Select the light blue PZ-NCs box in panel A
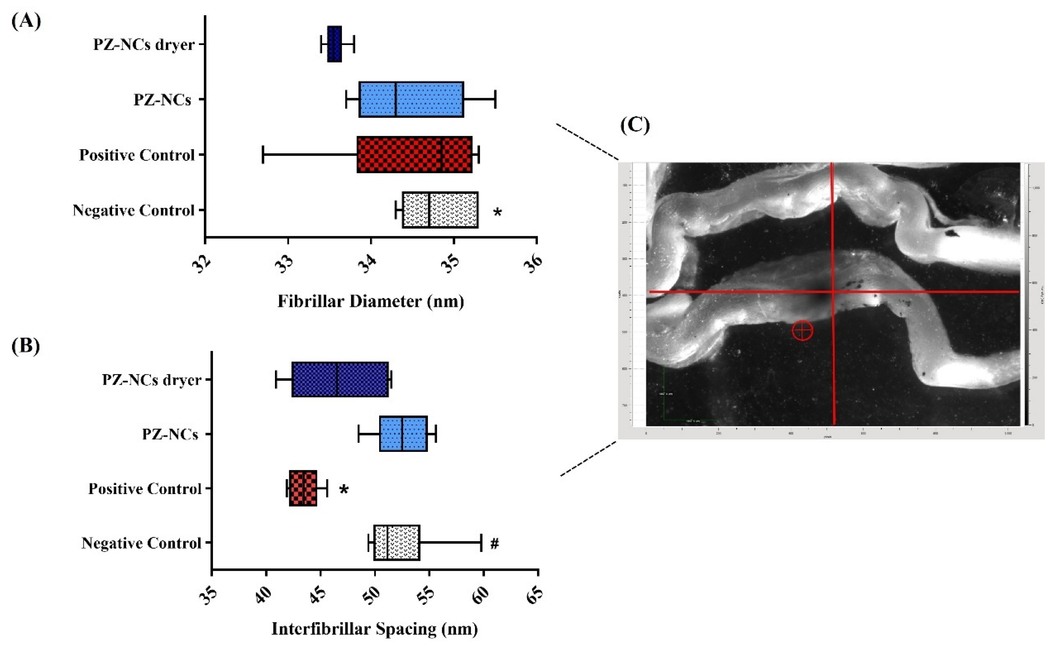click(x=411, y=99)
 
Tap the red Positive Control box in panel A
click(x=414, y=155)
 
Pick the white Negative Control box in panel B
click(x=397, y=542)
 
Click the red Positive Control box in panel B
click(x=303, y=488)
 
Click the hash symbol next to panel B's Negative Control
click(x=495, y=544)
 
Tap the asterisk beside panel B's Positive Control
click(x=343, y=490)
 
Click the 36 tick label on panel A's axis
click(x=533, y=263)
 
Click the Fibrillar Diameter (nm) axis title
click(x=371, y=301)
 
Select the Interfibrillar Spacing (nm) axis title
click(x=374, y=629)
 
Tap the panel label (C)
click(x=635, y=125)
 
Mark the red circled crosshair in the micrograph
click(x=802, y=330)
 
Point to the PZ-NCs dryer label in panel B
click(x=151, y=380)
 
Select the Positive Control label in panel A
click(x=137, y=155)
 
